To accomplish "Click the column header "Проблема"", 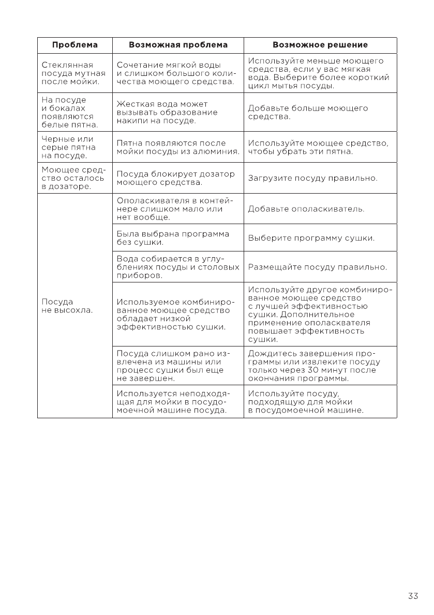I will click(74, 45).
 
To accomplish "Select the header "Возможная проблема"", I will click(178, 45).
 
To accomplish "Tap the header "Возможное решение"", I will click(320, 45).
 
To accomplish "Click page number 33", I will click(413, 596).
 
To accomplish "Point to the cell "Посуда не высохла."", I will click(67, 306).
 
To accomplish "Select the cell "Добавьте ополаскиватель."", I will click(306, 209).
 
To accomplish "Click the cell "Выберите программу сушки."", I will click(311, 238).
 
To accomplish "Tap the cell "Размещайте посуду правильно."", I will click(318, 267).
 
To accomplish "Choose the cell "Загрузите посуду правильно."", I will click(313, 179).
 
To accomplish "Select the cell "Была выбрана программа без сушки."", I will click(173, 238).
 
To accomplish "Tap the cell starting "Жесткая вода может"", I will click(167, 113).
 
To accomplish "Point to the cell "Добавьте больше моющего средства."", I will click(308, 113).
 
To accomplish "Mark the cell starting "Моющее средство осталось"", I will click(73, 179).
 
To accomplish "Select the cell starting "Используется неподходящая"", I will click(172, 401).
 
